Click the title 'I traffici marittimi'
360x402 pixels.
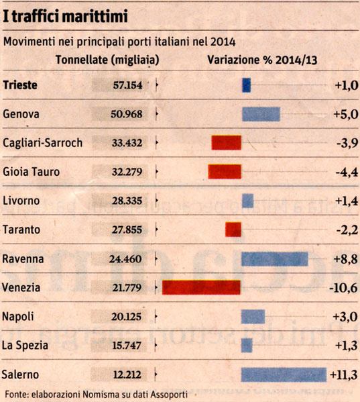pyautogui.click(x=65, y=16)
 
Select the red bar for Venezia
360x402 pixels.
pyautogui.click(x=201, y=287)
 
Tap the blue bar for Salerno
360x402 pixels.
pyautogui.click(x=284, y=375)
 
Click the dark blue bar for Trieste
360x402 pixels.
pyautogui.click(x=246, y=85)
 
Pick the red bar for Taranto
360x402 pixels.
pyautogui.click(x=233, y=230)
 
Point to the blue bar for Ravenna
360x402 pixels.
pyautogui.click(x=275, y=259)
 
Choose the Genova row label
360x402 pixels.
pyautogui.click(x=21, y=114)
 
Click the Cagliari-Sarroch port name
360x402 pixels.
pyautogui.click(x=42, y=143)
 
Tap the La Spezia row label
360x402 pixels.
pyautogui.click(x=25, y=346)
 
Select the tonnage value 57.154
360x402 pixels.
pyautogui.click(x=127, y=85)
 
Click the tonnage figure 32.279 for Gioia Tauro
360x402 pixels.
pyautogui.click(x=127, y=172)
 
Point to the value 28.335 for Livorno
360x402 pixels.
pyautogui.click(x=127, y=201)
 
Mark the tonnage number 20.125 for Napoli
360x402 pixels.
pyautogui.click(x=126, y=317)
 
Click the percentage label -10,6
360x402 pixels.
pyautogui.click(x=343, y=288)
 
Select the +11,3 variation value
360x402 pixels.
pyautogui.click(x=344, y=375)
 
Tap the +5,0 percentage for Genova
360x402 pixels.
pyautogui.click(x=346, y=114)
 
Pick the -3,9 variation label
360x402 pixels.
pyautogui.click(x=347, y=144)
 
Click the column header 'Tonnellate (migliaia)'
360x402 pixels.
pyautogui.click(x=107, y=60)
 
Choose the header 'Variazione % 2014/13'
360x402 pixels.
pyautogui.click(x=262, y=60)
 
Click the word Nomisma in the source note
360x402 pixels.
pyautogui.click(x=100, y=394)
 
